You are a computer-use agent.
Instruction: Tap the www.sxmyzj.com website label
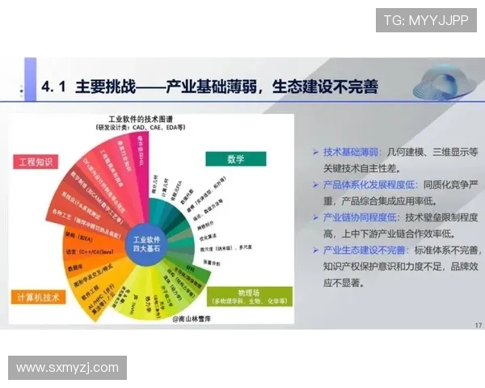(67, 368)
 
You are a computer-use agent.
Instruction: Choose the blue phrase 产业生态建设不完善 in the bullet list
(366, 251)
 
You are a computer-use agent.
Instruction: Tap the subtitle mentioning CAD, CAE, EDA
(142, 128)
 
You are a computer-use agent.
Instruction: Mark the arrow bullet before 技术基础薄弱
(314, 152)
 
